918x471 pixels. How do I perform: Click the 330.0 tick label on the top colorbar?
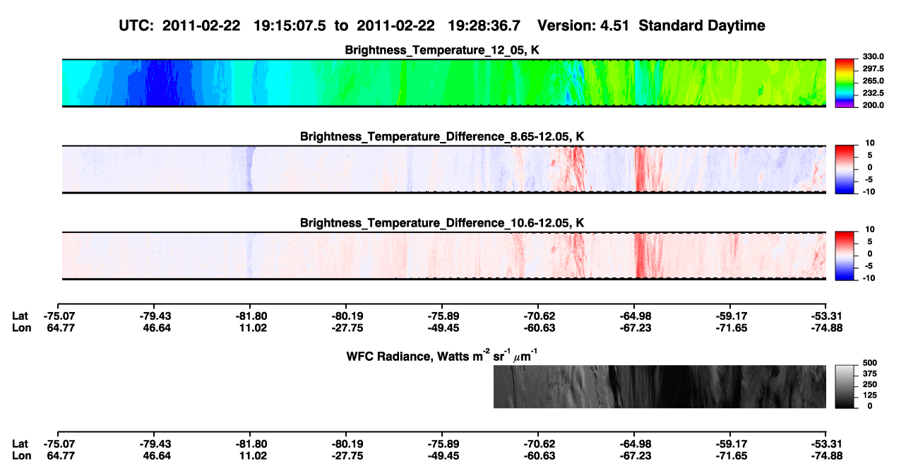coord(873,56)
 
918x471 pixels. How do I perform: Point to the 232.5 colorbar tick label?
coord(873,93)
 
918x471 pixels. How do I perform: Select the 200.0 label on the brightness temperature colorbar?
coord(873,105)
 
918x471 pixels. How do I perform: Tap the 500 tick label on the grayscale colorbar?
coord(869,363)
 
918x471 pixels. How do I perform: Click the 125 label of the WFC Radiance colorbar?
coord(869,395)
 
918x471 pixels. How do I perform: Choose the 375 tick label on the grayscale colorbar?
coord(869,374)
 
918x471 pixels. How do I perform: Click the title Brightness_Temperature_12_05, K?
coord(442,50)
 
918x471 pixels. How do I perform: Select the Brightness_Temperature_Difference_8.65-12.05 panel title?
coord(442,136)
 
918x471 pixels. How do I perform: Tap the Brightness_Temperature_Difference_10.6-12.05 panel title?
coord(442,223)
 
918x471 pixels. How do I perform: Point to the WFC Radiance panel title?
coord(442,355)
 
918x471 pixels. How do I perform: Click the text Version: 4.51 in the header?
coord(583,25)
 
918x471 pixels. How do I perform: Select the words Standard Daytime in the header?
coord(702,25)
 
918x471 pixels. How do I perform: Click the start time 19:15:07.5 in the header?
coord(290,25)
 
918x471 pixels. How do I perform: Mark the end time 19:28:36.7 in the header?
coord(484,25)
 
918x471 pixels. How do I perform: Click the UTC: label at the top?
coord(136,25)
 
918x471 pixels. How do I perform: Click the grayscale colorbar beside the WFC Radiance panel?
coord(845,386)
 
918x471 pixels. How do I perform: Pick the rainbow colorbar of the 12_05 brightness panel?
coord(845,83)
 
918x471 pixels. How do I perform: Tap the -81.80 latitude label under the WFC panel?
coord(251,444)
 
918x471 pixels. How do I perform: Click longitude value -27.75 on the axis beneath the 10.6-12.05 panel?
coord(347,328)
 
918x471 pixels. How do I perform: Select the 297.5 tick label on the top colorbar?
coord(873,68)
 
